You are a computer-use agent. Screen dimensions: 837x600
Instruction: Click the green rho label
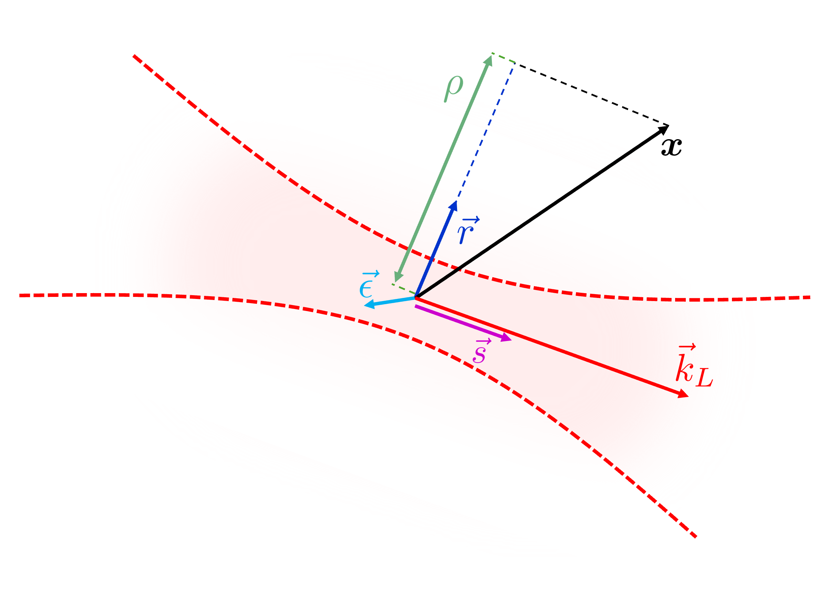454,89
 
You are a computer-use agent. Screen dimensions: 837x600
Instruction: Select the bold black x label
671,147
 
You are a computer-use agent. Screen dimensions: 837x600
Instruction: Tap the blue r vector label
468,231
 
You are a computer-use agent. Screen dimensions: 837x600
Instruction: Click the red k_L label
693,367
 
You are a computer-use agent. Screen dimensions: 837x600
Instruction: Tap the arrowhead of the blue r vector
454,206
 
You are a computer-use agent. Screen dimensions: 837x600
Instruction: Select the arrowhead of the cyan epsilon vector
369,304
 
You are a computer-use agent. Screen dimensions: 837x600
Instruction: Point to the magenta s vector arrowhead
506,338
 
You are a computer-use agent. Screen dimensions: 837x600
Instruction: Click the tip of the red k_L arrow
684,394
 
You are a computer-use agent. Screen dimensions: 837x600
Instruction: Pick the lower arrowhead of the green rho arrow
397,277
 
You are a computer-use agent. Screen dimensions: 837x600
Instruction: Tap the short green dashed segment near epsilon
404,289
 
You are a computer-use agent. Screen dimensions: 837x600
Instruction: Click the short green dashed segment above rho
503,58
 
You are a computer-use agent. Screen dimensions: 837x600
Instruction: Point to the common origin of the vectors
416,297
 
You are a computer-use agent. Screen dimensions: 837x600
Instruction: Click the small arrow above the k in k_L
687,347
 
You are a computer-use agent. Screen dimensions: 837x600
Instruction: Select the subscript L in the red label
704,378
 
